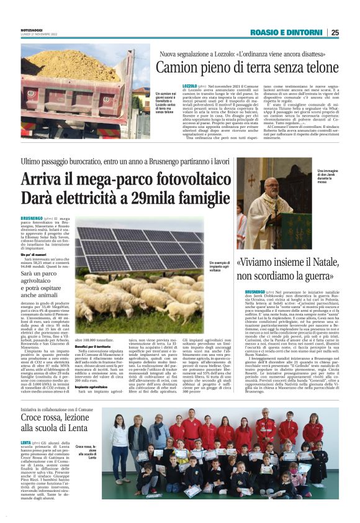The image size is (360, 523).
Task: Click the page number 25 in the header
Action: click(x=335, y=32)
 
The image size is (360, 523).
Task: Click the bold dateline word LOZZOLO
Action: click(x=189, y=84)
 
